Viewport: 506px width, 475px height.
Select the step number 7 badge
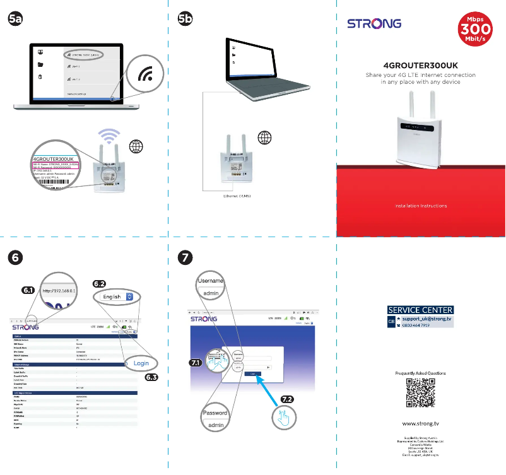coord(185,257)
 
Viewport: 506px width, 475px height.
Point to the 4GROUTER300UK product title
coord(420,65)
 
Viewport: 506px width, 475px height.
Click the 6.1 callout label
coord(27,291)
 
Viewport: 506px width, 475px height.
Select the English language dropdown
coord(117,296)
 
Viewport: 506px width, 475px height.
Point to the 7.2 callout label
coord(287,399)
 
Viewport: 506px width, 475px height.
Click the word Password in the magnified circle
coord(215,413)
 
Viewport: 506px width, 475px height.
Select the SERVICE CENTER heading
coord(420,310)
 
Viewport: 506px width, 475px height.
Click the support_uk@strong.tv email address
coord(427,319)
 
